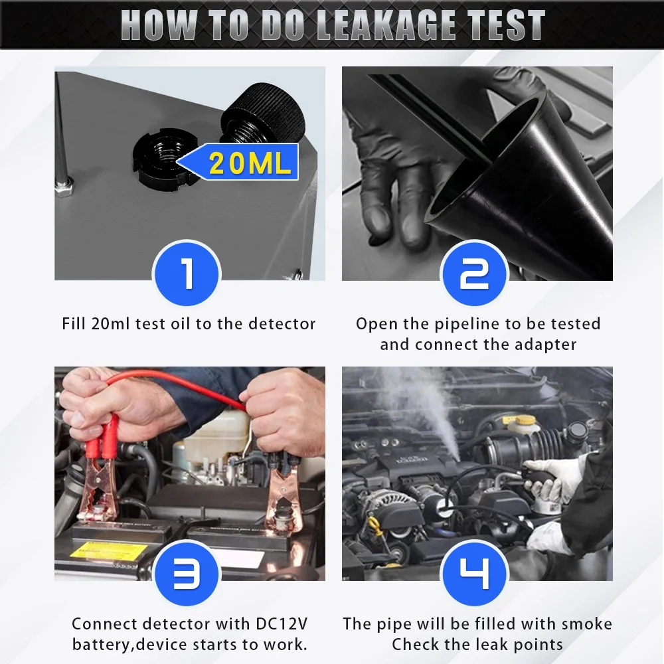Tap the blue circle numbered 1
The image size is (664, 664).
187,274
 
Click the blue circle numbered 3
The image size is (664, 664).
187,575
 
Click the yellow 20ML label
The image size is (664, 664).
250,163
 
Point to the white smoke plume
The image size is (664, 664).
425,405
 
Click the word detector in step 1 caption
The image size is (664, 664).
282,324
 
